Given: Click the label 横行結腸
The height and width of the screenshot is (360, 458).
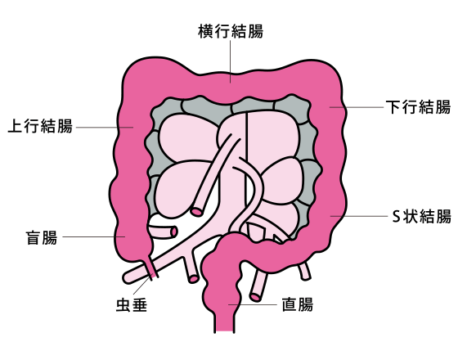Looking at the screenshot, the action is pos(231,31).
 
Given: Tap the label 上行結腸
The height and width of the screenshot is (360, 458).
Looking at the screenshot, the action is pos(40,126).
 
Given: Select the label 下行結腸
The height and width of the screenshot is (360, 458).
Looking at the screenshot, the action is pos(418,107).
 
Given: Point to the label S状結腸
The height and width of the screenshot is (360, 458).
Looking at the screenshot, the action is pos(422,216).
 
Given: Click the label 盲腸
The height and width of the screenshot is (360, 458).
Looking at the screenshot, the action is pos(42,237).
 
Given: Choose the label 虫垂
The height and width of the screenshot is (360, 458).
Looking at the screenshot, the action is pos(132,304).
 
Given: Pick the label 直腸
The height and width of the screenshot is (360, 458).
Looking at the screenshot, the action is pos(298,304).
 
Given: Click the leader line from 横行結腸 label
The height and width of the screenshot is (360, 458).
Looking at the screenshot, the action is pos(230,61).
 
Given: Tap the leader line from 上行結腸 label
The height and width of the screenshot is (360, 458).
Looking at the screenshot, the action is pos(105,127).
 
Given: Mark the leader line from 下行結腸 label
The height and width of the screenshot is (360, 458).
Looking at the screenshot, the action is pos(357,107).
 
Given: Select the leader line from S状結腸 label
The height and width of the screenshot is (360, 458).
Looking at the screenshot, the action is pos(359,216).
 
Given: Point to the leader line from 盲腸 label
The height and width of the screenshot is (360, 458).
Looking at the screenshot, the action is pos(94,236).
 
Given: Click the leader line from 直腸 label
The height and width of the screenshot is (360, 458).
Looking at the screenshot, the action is pos(253,304).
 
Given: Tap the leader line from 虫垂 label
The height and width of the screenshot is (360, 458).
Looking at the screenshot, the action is pos(141,286).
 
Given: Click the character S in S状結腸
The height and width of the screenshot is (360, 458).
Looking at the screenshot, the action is pos(396,217).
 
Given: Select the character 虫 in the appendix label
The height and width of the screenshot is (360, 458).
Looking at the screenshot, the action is pos(123,304).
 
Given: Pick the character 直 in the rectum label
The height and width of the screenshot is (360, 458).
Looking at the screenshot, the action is pos(290,304).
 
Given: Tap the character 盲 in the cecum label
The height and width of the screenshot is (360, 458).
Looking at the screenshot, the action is pos(34,237).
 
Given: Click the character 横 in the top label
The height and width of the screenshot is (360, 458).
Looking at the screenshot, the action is pos(206,31).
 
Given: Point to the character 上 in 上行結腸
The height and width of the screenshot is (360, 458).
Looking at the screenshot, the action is pos(16,126).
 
